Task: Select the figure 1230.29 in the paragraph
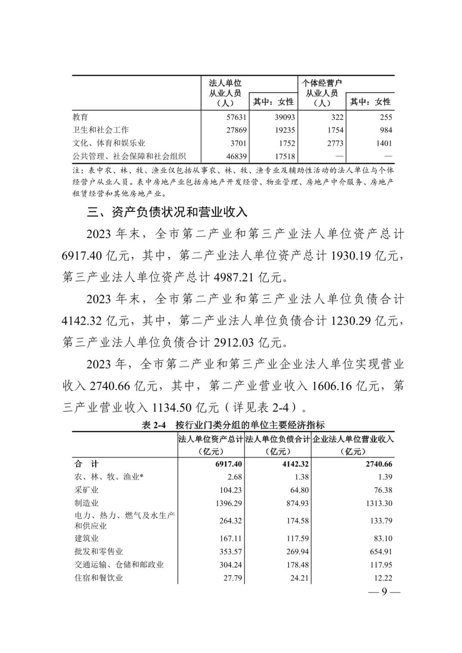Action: coord(351,321)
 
